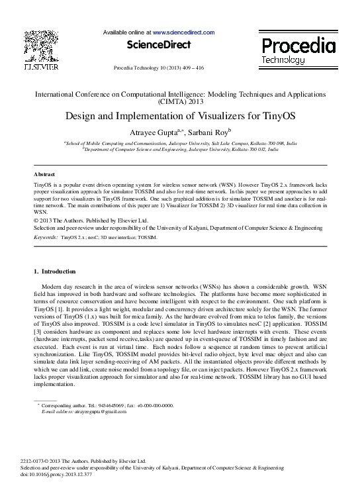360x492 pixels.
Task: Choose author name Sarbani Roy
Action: click(x=206, y=131)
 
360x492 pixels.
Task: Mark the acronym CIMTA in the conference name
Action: click(x=169, y=103)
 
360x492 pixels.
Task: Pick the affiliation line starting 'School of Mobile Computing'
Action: click(x=180, y=142)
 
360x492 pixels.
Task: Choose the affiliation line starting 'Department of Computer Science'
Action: click(x=180, y=150)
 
